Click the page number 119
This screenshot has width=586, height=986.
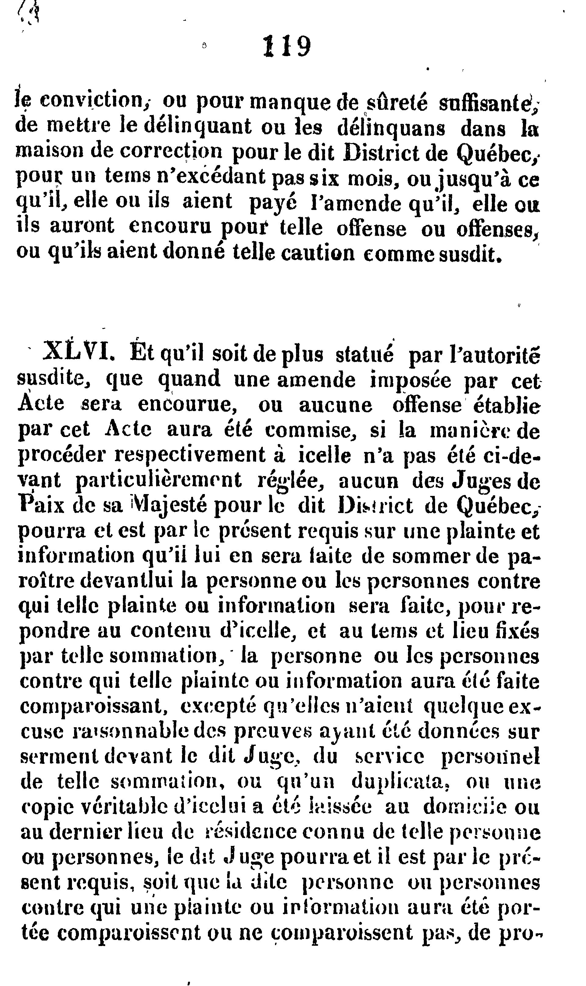coord(287,47)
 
